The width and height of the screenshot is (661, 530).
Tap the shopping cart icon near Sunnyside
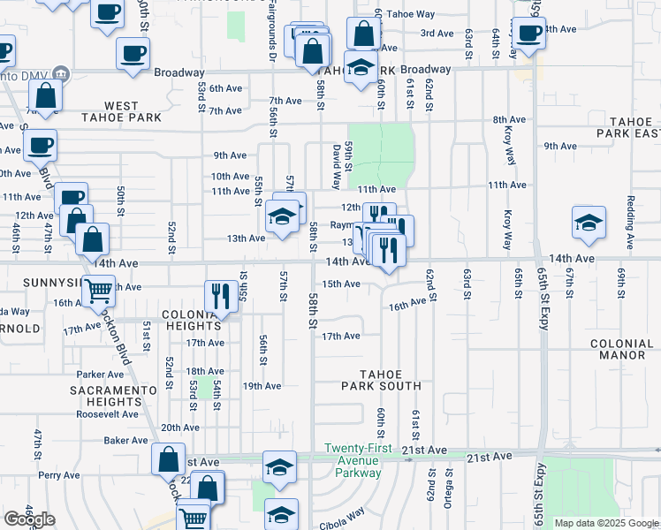(98, 289)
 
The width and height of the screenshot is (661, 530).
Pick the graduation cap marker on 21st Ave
(280, 466)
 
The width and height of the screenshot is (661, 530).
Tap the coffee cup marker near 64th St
(529, 34)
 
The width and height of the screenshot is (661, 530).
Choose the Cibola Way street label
(343, 515)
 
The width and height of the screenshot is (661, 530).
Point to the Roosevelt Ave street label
(109, 413)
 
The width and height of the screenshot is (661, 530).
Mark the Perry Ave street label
(59, 474)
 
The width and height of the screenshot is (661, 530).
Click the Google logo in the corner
(29, 519)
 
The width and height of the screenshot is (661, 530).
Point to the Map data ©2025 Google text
(605, 523)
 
